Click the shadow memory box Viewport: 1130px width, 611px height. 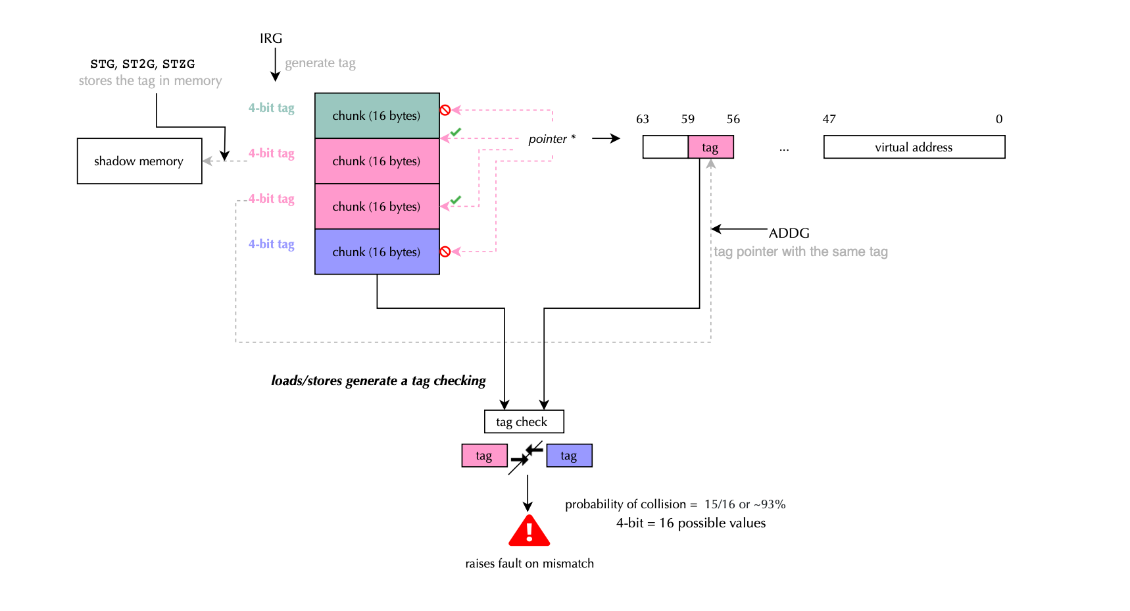click(139, 161)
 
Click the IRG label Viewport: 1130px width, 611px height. click(271, 38)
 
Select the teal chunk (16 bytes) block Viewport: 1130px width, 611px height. click(377, 116)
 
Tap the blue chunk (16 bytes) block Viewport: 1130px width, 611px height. click(377, 252)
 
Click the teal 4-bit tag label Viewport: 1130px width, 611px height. click(271, 108)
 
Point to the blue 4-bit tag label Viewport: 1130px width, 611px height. click(271, 244)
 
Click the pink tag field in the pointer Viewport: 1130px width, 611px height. click(710, 147)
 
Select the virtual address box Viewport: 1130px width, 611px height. click(914, 147)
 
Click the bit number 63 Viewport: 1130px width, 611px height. click(643, 119)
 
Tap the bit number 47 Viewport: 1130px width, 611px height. click(829, 119)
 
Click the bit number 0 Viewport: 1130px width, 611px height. click(999, 119)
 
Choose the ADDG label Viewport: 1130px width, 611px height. click(789, 233)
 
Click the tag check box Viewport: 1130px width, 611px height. click(524, 421)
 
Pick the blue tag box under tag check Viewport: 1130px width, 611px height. click(569, 456)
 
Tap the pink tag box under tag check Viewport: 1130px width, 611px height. click(484, 456)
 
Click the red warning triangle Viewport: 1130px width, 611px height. click(529, 531)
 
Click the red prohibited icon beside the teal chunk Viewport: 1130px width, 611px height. click(445, 110)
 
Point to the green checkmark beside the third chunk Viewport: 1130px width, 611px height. click(456, 199)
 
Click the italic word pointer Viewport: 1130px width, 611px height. click(547, 139)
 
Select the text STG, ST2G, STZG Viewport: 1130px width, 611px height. click(143, 64)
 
